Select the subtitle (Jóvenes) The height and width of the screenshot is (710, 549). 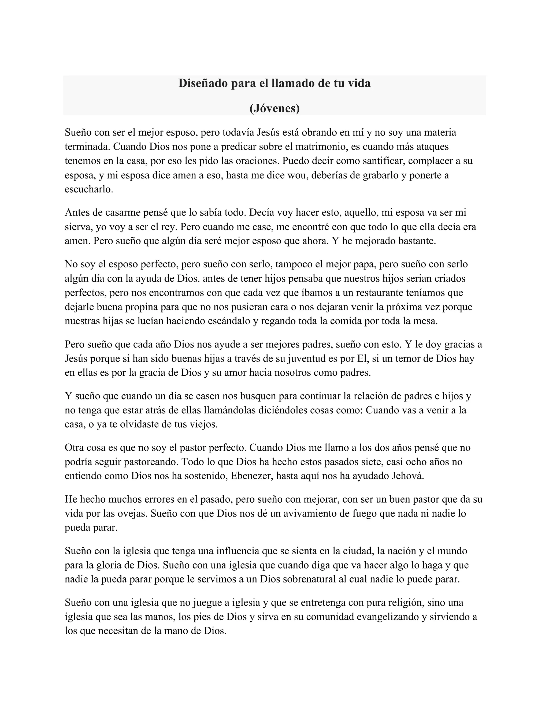274,108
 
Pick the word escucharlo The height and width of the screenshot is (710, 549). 89,189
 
